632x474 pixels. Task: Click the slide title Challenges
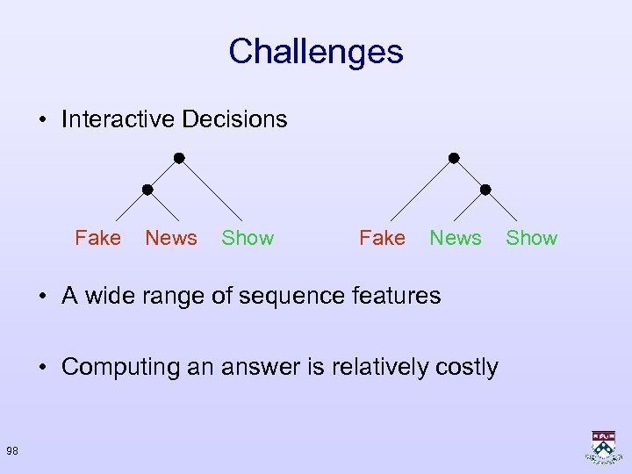point(315,52)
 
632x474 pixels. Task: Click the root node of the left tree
point(178,158)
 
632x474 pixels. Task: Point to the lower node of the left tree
point(147,189)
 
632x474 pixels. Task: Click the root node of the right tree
point(454,158)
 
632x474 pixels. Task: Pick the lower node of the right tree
point(485,189)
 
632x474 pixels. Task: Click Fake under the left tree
point(97,238)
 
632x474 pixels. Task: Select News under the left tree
point(171,238)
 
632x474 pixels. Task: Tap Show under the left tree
point(248,238)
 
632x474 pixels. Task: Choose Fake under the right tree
point(382,238)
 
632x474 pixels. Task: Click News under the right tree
point(456,238)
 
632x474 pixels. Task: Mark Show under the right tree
point(532,238)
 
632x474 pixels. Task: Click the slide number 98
point(12,451)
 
